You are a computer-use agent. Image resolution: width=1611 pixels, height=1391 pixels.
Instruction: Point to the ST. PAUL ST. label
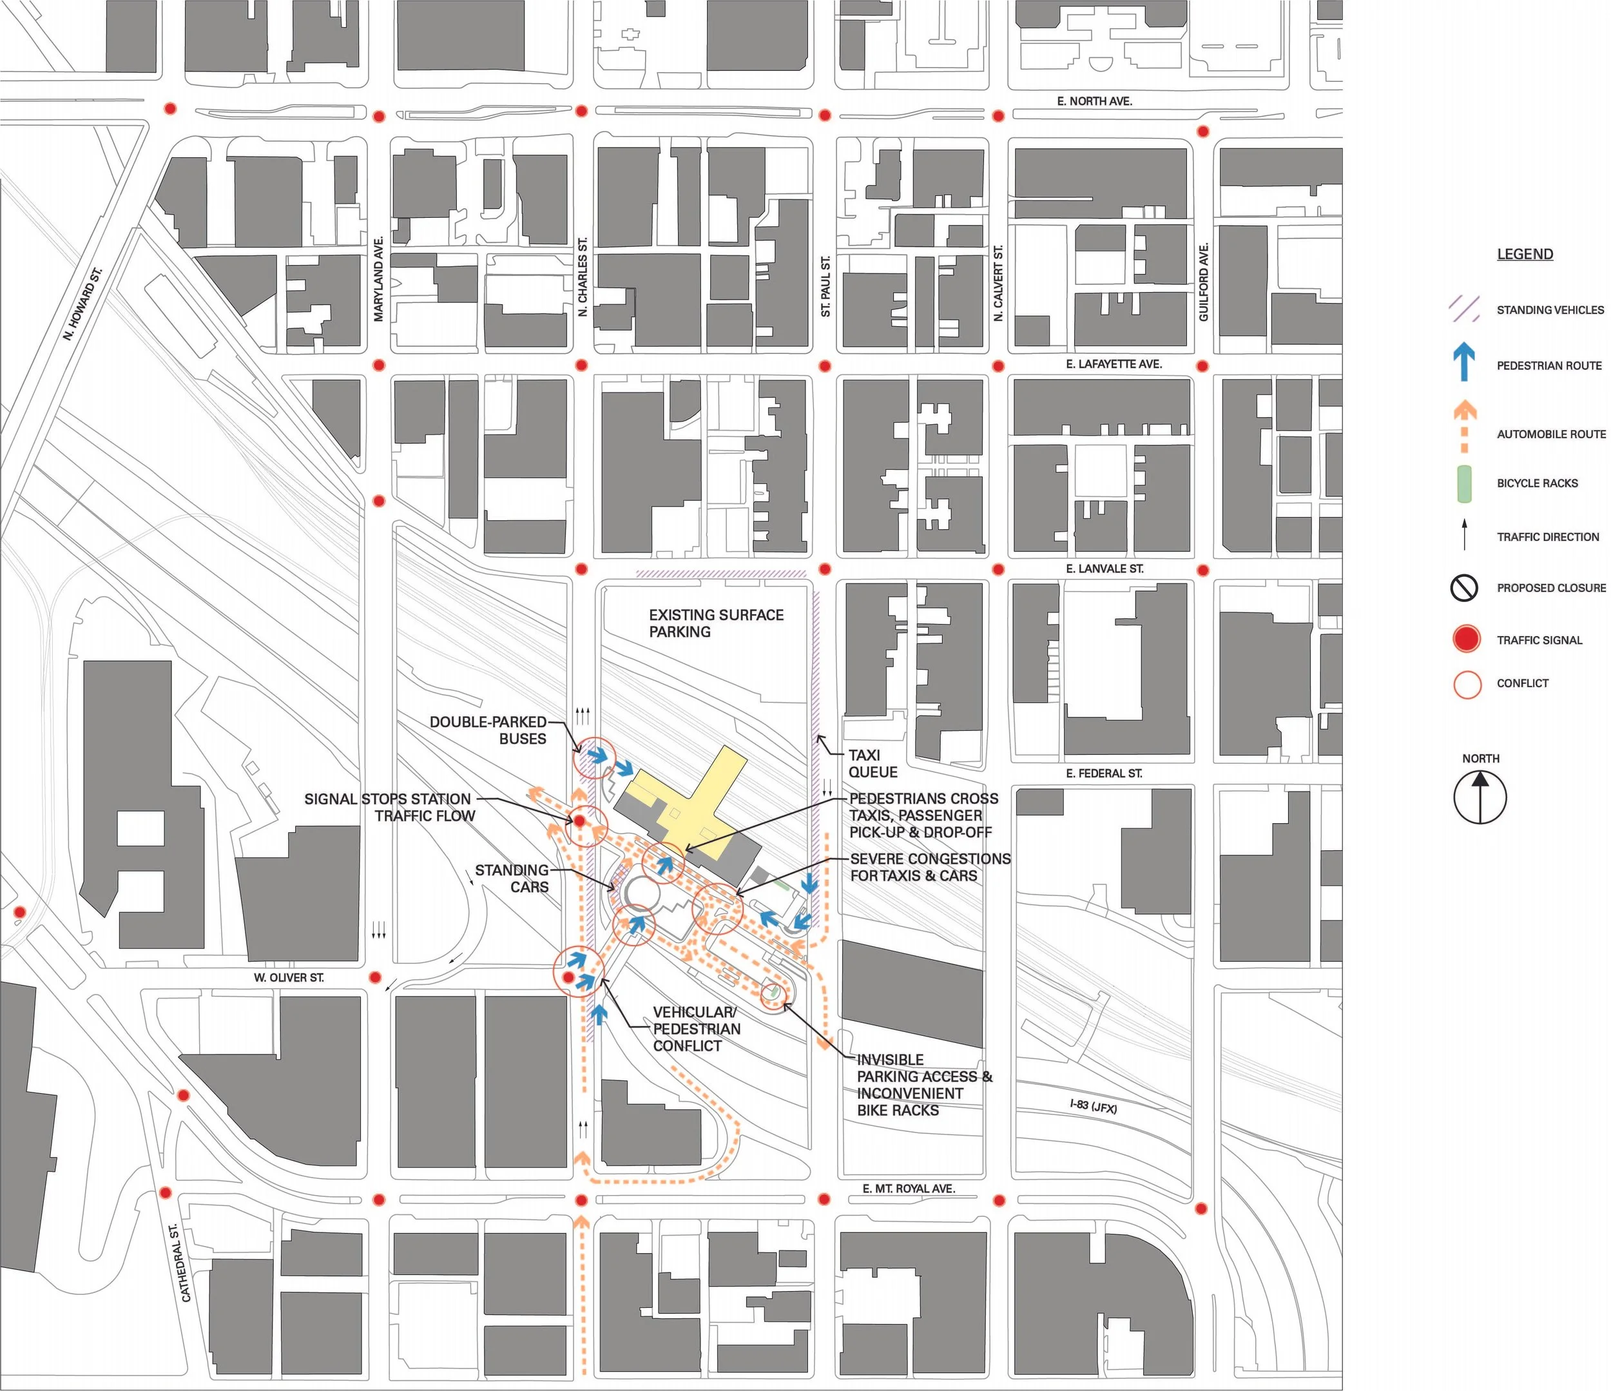click(825, 286)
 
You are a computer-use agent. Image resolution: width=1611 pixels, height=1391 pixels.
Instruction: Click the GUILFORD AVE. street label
click(1204, 282)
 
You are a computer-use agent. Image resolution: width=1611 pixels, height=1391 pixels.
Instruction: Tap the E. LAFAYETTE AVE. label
click(1114, 364)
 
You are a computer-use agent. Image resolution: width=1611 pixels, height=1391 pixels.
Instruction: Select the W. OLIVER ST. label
click(289, 977)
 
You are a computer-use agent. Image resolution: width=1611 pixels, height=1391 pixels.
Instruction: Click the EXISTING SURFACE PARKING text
click(715, 623)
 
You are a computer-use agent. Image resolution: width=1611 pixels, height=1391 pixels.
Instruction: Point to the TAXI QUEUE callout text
click(873, 764)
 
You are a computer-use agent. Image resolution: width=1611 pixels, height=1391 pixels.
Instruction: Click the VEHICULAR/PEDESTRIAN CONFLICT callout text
click(696, 1029)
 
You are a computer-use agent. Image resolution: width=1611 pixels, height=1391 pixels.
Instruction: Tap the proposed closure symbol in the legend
click(1464, 588)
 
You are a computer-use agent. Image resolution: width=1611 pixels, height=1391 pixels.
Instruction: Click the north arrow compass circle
click(1480, 797)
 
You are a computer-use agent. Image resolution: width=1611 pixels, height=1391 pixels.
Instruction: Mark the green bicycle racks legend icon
click(1464, 483)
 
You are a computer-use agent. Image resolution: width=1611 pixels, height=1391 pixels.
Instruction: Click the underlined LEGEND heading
click(1525, 254)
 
